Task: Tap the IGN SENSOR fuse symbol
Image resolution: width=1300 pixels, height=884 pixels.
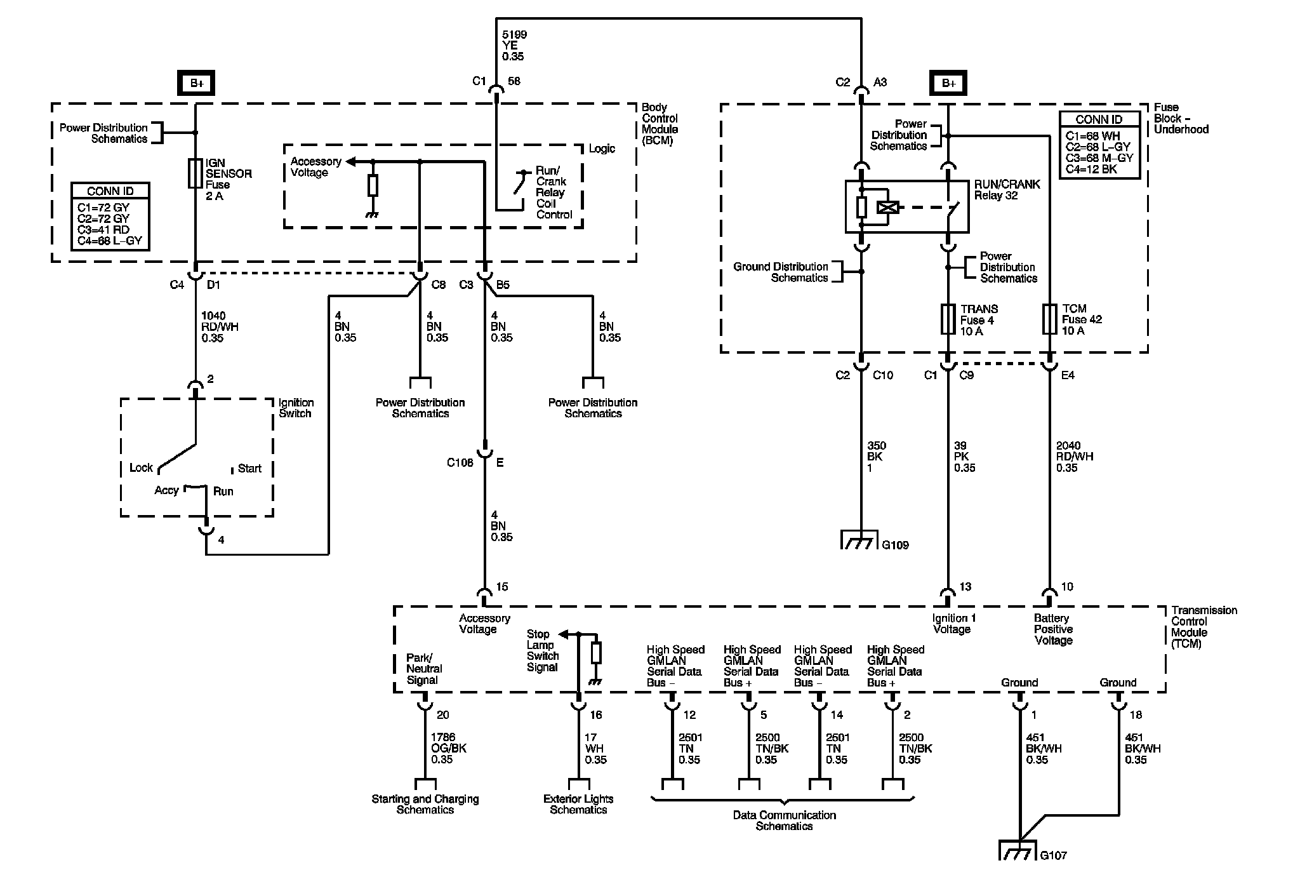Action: [x=195, y=173]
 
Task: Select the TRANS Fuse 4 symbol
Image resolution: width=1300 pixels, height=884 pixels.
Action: [x=948, y=319]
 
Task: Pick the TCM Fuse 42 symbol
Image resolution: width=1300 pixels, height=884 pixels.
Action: [x=1049, y=319]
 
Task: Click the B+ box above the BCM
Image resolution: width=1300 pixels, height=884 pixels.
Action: [x=196, y=83]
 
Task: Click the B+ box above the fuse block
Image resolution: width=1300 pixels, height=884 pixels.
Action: [x=948, y=83]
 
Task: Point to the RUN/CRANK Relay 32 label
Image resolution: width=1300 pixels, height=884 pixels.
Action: [x=1007, y=189]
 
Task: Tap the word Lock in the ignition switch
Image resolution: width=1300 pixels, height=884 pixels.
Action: [x=141, y=467]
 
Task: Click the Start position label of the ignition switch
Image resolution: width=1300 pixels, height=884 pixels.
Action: [x=249, y=469]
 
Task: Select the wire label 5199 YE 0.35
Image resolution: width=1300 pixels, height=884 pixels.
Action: [x=514, y=45]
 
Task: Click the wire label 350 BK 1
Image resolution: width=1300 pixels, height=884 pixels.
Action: [x=877, y=457]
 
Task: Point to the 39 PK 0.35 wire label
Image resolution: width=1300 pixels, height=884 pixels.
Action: [x=964, y=457]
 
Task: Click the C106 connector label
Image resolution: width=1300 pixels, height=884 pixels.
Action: [x=460, y=463]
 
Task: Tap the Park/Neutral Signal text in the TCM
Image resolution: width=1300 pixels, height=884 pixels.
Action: [x=424, y=669]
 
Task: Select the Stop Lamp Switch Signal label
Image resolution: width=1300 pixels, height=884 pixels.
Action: [x=543, y=650]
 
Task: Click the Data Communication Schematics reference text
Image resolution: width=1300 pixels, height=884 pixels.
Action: [x=784, y=820]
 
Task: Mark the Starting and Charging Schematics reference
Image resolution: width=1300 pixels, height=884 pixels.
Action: [x=425, y=804]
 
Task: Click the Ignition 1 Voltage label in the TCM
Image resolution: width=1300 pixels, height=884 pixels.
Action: [x=951, y=624]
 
